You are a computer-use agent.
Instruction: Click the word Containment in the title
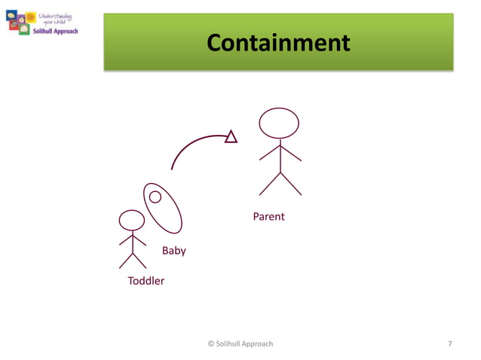coord(278,43)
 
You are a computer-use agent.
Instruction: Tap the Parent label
coord(268,217)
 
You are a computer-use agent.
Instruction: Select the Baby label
coord(173,251)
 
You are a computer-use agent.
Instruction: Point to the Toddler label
coord(146,281)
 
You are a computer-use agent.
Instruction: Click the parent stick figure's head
coord(279,123)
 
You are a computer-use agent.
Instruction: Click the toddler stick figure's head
coord(132,221)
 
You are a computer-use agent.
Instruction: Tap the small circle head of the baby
coord(155,197)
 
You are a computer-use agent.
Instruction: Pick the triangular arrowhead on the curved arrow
coord(231,136)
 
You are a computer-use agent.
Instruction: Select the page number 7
coord(450,343)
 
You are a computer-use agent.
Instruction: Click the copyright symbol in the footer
coord(210,343)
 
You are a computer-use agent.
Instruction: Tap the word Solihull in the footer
coord(229,343)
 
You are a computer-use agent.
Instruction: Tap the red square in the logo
coord(14,25)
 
